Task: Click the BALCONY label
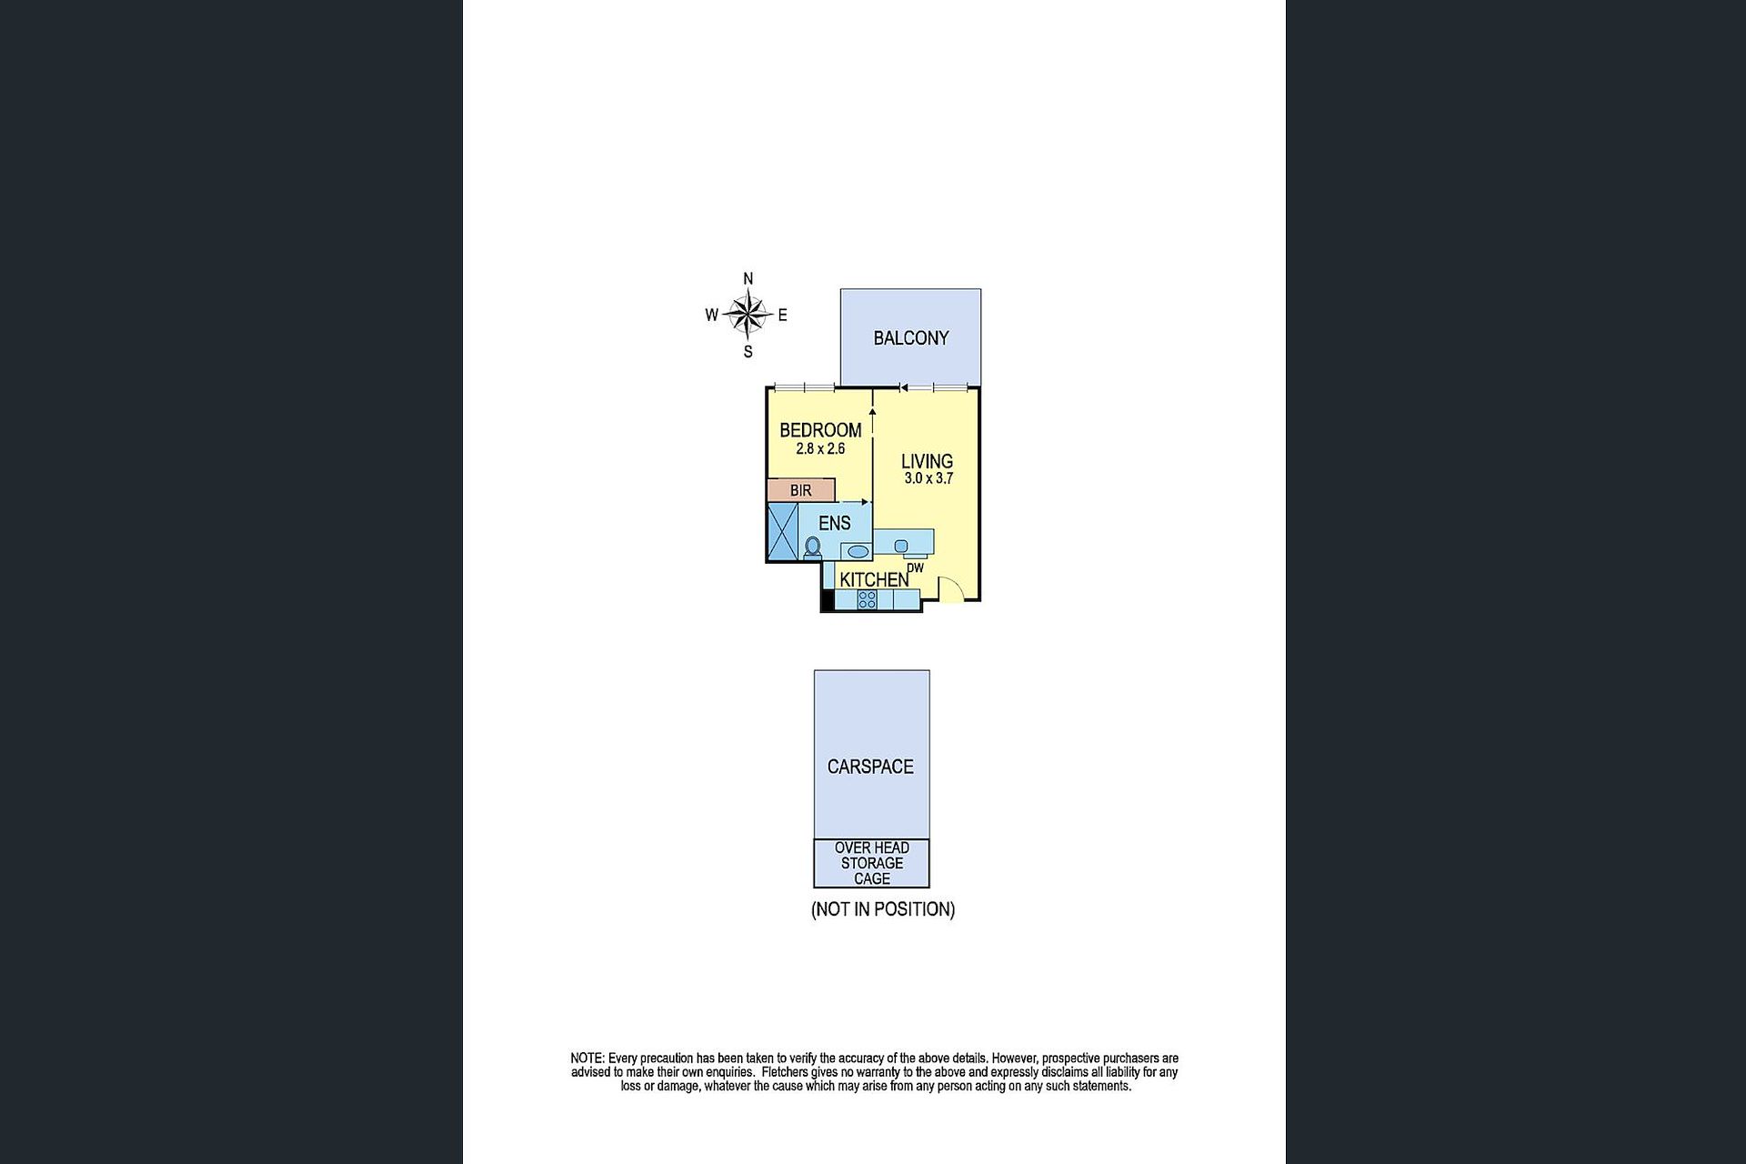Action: (910, 338)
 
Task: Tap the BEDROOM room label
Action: (820, 430)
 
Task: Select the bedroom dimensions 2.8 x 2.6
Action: (820, 448)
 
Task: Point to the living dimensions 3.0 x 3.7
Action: (928, 478)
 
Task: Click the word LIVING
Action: (927, 461)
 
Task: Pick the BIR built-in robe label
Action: (800, 491)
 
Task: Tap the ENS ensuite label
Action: (834, 523)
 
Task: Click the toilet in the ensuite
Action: (813, 547)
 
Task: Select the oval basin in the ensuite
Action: (857, 551)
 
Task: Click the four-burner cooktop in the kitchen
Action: (868, 599)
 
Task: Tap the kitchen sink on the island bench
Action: (901, 546)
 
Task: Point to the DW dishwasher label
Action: (916, 568)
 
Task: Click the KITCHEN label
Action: (874, 579)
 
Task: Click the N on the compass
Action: (748, 279)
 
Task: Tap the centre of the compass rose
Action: (748, 316)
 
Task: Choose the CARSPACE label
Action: (870, 767)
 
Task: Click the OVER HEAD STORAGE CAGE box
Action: (871, 863)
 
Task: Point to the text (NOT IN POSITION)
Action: (883, 909)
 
